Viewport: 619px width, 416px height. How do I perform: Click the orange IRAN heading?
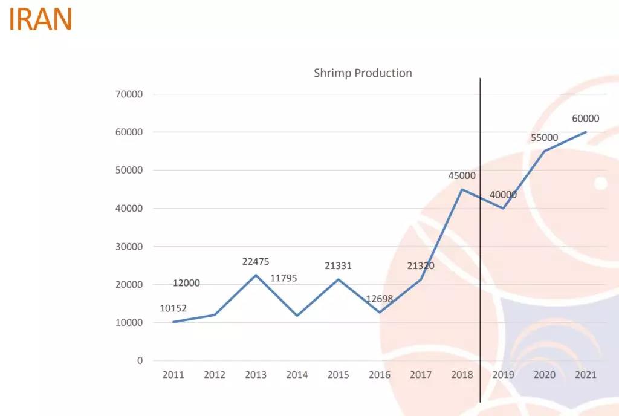(x=41, y=20)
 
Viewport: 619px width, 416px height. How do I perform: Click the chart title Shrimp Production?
(x=363, y=73)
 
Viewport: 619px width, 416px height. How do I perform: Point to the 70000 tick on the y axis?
(x=131, y=94)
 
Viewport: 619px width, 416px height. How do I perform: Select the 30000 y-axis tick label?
(x=131, y=247)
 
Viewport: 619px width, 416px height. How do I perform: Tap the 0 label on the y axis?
(x=140, y=361)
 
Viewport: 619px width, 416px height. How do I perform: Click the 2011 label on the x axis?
(x=173, y=375)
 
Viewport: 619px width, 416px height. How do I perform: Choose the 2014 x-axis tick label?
(x=297, y=375)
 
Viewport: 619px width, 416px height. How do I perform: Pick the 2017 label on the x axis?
(x=421, y=375)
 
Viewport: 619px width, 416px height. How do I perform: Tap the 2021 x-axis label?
(x=586, y=375)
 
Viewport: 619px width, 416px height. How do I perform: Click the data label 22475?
(x=256, y=262)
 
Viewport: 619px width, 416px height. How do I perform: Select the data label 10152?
(x=173, y=308)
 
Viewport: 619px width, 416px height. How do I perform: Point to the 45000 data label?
(x=462, y=176)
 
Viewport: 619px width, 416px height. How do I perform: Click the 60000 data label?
(x=585, y=119)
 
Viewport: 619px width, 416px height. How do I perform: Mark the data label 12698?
(x=380, y=299)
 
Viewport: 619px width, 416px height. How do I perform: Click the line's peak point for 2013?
(x=256, y=275)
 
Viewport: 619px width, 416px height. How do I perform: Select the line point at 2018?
(x=462, y=189)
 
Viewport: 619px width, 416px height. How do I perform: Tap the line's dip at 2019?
(x=503, y=209)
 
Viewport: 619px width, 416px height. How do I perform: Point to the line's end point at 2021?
(x=586, y=132)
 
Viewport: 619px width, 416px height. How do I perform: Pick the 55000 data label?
(x=544, y=138)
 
